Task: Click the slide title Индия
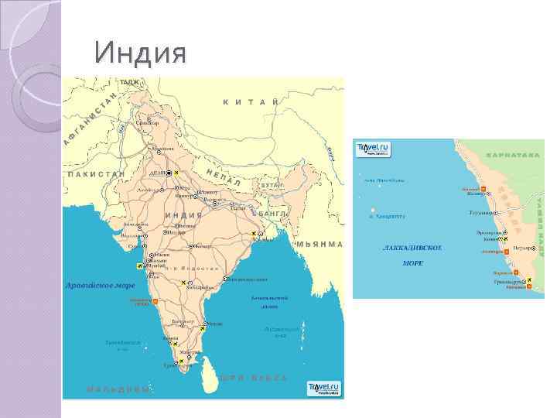[x=139, y=54]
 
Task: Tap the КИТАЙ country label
[x=251, y=101]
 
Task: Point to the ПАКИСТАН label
[x=97, y=174]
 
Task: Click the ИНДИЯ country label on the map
[x=184, y=214]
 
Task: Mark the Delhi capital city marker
[x=167, y=173]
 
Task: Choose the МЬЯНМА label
[x=320, y=244]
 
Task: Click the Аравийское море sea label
[x=100, y=285]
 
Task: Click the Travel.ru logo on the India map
[x=323, y=387]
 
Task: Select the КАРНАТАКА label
[x=514, y=155]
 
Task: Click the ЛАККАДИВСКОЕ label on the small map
[x=412, y=248]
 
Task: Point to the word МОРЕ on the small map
[x=412, y=263]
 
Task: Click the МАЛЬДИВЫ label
[x=118, y=389]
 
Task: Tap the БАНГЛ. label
[x=274, y=212]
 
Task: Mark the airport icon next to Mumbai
[x=140, y=266]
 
